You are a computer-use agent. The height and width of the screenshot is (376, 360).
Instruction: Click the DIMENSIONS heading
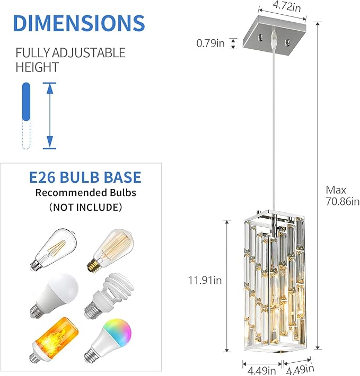point(78,23)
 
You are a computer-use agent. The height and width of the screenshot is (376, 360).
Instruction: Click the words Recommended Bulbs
point(85,192)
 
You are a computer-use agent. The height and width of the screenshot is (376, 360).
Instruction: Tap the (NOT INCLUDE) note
point(85,207)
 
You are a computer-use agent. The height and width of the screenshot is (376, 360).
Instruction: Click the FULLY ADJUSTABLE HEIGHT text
point(70,60)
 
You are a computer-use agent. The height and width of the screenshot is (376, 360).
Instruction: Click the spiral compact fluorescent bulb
point(110,294)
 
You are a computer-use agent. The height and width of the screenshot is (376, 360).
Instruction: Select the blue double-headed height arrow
point(49,115)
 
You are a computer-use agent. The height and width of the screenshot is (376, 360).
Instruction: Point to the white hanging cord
point(274,132)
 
